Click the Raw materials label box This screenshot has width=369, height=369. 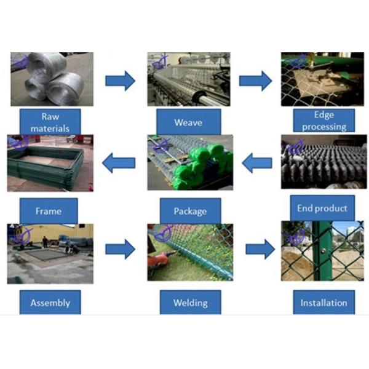(x=50, y=121)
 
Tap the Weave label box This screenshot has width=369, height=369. (x=188, y=122)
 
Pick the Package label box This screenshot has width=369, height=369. (x=190, y=211)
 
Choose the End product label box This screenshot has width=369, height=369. (x=322, y=208)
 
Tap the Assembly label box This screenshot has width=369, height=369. (x=50, y=302)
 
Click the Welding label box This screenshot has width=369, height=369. (x=190, y=302)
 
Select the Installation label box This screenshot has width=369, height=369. (x=323, y=302)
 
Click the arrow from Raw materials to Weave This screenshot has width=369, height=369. (x=120, y=81)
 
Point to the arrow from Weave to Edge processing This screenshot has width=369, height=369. (x=255, y=81)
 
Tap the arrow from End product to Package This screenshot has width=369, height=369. (x=257, y=164)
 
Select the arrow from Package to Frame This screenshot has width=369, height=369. (x=119, y=164)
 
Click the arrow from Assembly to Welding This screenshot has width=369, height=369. (x=120, y=249)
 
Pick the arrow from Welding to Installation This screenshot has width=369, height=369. (x=260, y=249)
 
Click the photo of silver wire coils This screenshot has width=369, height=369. (x=52, y=79)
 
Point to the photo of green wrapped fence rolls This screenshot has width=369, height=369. (x=190, y=163)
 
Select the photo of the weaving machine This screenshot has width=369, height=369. (x=189, y=79)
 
